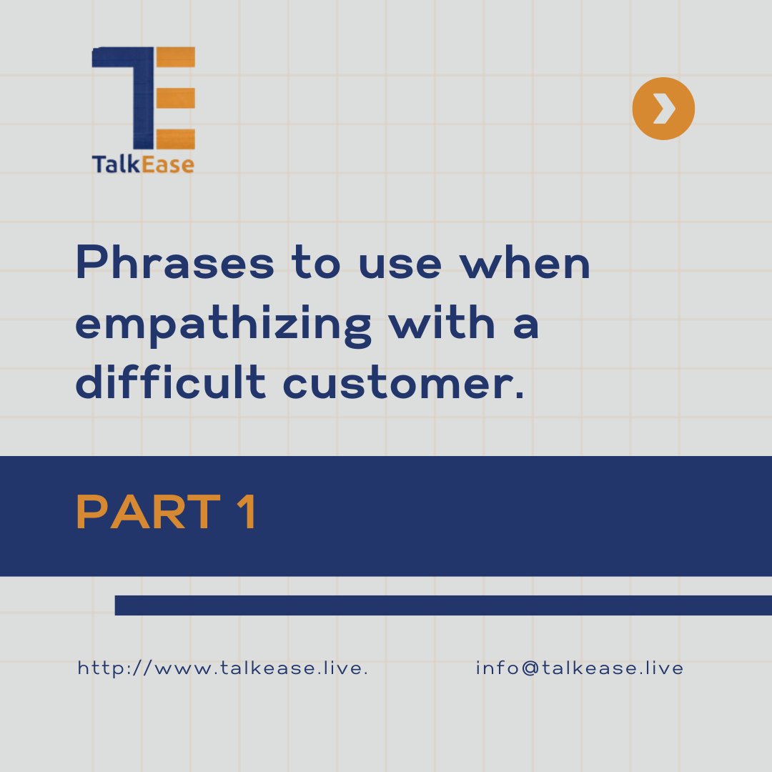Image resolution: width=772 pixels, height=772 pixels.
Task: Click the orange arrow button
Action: [x=663, y=109]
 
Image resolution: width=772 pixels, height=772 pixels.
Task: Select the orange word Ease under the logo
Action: [x=166, y=164]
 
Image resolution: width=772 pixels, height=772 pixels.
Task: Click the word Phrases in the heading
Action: [x=174, y=264]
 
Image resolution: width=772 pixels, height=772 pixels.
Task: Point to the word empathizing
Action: [x=223, y=325]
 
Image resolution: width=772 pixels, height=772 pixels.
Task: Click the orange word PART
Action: [x=147, y=513]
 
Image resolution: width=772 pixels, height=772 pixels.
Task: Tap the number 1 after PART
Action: [x=247, y=513]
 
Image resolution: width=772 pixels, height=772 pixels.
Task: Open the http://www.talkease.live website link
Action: [x=222, y=668]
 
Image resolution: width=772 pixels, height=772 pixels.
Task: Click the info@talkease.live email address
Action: [x=579, y=668]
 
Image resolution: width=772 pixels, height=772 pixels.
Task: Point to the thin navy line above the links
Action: [x=443, y=605]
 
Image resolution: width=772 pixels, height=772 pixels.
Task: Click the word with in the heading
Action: [x=448, y=325]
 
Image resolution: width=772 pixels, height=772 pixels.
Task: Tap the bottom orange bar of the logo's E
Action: [x=174, y=139]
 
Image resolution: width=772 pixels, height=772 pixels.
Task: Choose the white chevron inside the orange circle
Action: [x=664, y=109]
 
